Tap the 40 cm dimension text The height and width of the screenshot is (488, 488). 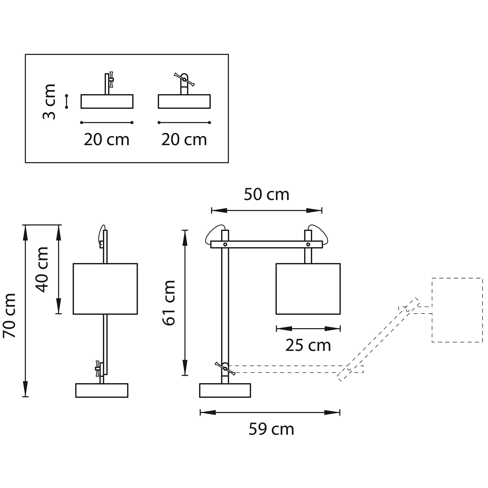[x=42, y=270]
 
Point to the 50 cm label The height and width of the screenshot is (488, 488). [x=266, y=195]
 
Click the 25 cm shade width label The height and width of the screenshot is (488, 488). [x=308, y=346]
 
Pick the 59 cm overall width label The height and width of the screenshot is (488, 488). [x=272, y=429]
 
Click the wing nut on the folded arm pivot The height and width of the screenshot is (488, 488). [x=225, y=369]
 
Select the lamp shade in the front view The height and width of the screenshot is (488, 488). [x=105, y=289]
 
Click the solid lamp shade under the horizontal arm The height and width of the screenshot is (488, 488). [x=308, y=289]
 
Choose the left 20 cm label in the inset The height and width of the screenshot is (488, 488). [x=107, y=140]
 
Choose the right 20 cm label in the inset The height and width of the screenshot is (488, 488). [x=184, y=140]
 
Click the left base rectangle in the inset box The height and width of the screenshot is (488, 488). [x=107, y=102]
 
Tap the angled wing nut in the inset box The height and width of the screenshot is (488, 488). [x=184, y=80]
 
